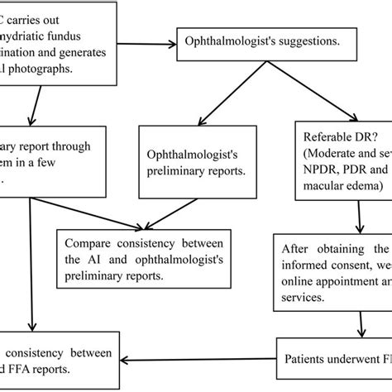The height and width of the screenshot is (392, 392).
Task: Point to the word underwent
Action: coord(351,360)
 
